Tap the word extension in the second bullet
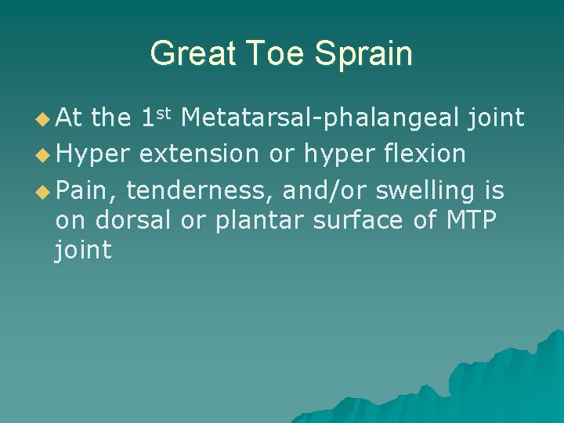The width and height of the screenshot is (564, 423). pyautogui.click(x=199, y=154)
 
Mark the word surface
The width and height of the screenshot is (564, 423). pyautogui.click(x=360, y=220)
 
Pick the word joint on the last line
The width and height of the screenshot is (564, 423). pyautogui.click(x=83, y=251)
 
